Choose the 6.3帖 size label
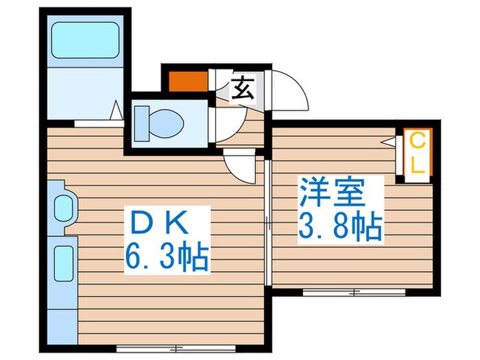167,258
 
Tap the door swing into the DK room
240,167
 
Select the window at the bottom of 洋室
354,292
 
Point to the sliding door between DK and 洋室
268,219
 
